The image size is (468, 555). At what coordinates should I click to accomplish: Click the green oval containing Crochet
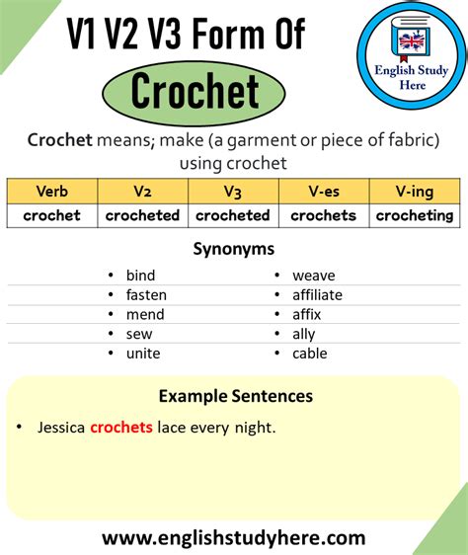click(195, 92)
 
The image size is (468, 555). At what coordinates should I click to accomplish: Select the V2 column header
click(142, 192)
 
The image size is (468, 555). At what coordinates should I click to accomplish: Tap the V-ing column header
click(414, 192)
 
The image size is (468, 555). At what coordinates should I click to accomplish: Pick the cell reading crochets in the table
click(323, 215)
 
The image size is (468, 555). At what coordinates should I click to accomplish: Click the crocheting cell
click(414, 215)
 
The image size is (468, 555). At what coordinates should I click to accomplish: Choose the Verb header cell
click(51, 192)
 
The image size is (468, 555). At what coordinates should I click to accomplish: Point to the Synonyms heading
click(233, 249)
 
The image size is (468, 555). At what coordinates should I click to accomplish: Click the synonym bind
click(140, 276)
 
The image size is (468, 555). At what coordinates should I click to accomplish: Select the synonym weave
click(313, 276)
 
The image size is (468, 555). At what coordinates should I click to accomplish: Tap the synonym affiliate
click(317, 295)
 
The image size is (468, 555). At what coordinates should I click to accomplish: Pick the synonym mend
click(144, 315)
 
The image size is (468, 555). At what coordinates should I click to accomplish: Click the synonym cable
click(309, 354)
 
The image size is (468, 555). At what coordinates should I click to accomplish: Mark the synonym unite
click(143, 354)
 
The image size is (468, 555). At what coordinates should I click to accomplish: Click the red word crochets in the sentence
click(120, 428)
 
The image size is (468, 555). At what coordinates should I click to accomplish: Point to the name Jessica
click(61, 428)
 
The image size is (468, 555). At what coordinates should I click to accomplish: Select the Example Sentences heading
click(235, 396)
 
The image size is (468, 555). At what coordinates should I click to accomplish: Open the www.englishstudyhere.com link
click(233, 538)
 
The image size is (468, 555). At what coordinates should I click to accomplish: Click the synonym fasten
click(146, 295)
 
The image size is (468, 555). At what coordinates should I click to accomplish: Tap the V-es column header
click(323, 192)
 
